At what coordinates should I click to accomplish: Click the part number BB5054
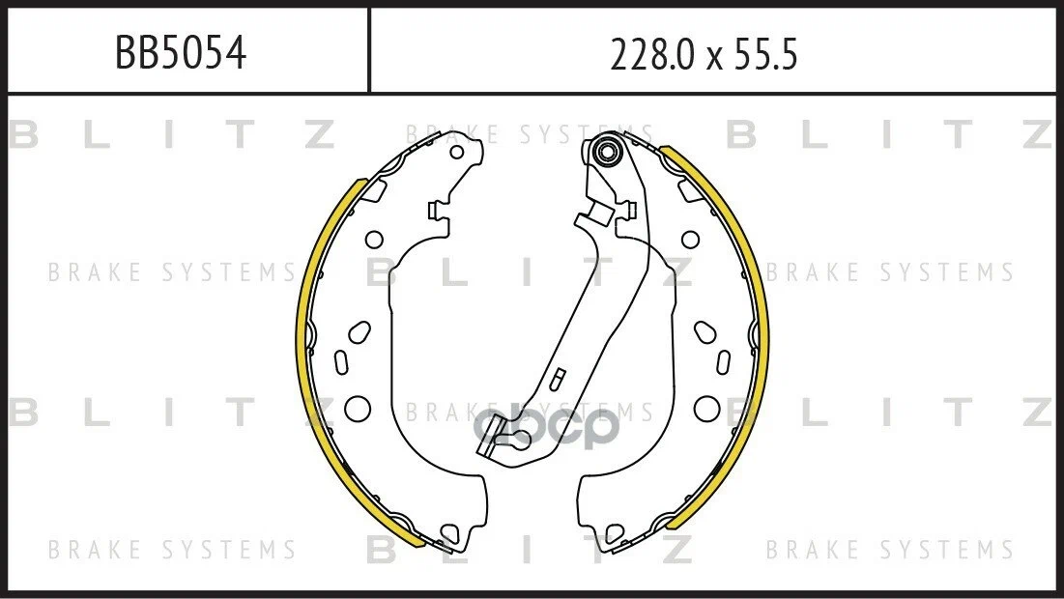click(x=181, y=53)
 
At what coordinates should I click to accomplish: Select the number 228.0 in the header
click(x=652, y=54)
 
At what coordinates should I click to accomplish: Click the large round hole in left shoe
click(x=358, y=408)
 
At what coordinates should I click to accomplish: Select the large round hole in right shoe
click(x=706, y=408)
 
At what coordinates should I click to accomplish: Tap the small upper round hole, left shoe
click(x=374, y=240)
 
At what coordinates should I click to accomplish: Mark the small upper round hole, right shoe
click(x=690, y=240)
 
